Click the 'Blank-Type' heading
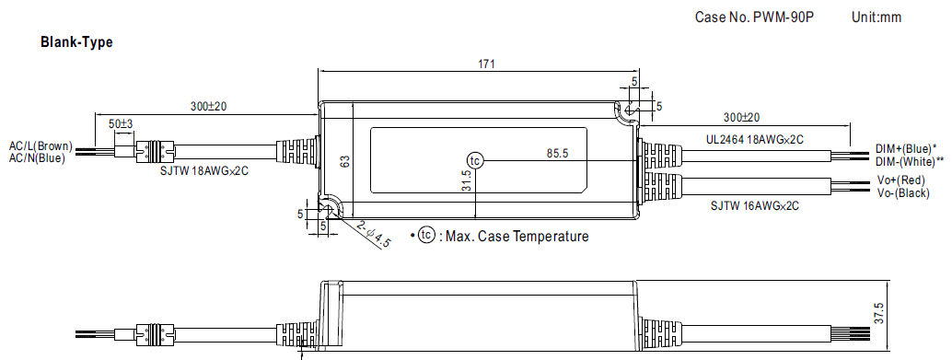tap(76, 42)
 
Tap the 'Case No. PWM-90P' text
tap(753, 17)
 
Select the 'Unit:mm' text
tap(877, 17)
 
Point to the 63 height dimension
tap(344, 161)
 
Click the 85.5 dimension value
tap(557, 154)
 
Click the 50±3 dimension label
tap(121, 124)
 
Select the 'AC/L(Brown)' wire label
tap(41, 146)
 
